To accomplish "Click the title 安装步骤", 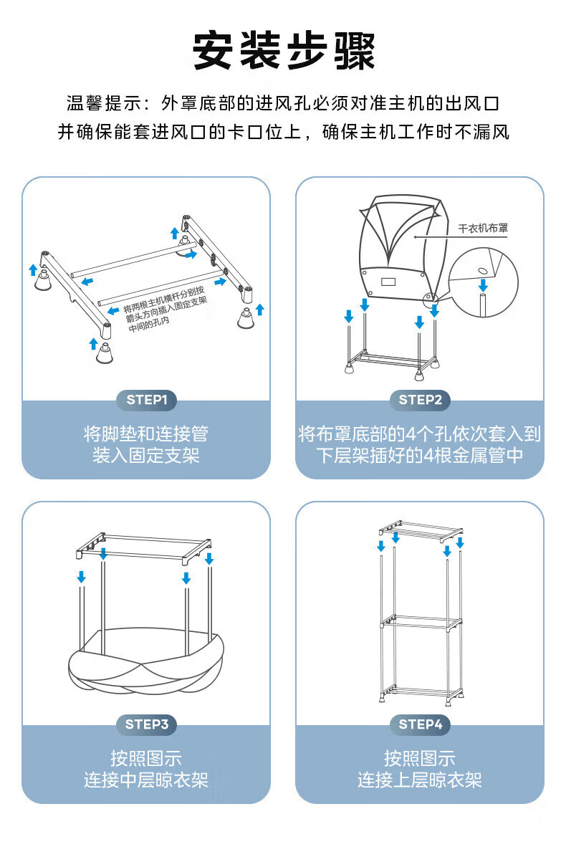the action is coord(283,50).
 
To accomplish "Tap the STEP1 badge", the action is coord(146,400).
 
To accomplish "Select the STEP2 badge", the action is coord(420,400).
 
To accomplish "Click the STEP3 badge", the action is coord(146,724).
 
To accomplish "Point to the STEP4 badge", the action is coord(420,724).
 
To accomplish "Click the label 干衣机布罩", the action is coord(483,229).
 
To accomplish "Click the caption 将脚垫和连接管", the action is coord(146,434).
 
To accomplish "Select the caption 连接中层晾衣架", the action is coord(146,780).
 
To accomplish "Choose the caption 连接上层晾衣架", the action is coord(420,780).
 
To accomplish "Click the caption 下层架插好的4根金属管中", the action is coord(420,456).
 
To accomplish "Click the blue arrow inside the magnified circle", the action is coord(484,284).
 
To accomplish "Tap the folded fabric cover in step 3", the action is coord(147,663).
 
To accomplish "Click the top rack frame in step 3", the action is coord(143,542).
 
